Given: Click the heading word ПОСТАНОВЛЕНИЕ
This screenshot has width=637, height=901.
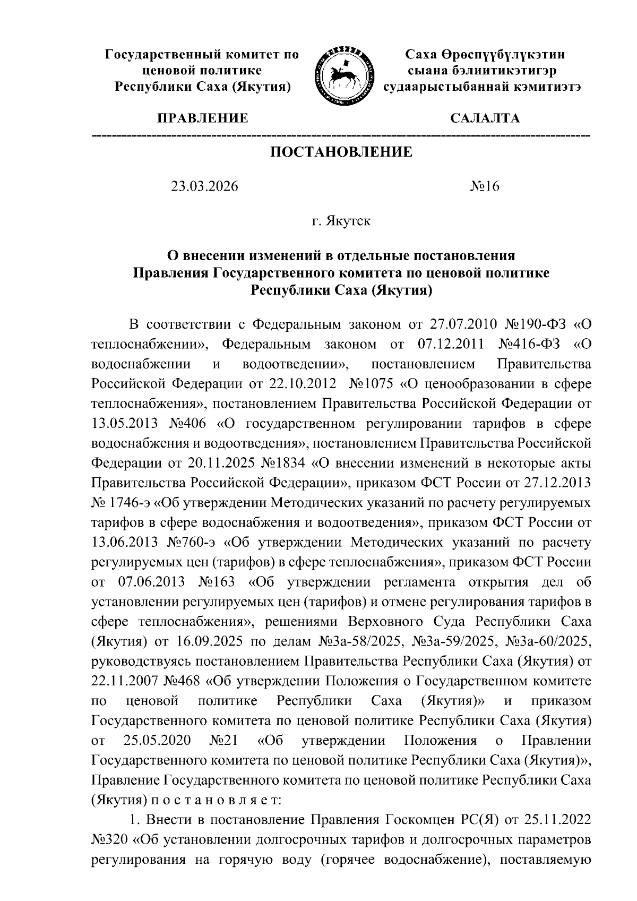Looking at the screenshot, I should point(341,153).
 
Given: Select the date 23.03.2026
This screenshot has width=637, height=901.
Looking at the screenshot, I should point(204,187).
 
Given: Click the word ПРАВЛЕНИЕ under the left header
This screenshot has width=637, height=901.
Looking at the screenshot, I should point(202,118).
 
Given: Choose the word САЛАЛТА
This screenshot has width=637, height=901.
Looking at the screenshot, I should point(485,118).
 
